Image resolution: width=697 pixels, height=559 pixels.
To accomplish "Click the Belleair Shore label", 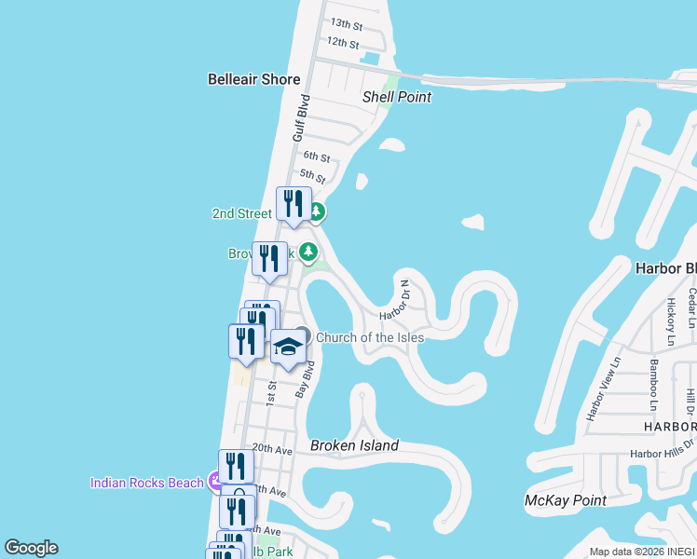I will coord(253,79).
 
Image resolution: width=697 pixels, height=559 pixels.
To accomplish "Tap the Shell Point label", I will coord(397,96).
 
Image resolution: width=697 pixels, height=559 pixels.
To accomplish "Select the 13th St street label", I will coord(346,23).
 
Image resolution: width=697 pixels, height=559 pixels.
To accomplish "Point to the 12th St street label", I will coord(343,42).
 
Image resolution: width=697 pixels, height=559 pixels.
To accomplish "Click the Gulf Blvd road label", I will coord(300,117).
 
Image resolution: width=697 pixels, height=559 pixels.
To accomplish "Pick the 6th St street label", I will coord(317,157).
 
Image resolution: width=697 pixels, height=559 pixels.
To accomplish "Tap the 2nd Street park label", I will coord(241,213).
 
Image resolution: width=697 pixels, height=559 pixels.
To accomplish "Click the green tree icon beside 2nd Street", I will coord(317,212).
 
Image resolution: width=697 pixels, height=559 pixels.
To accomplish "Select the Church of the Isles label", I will coord(370,337).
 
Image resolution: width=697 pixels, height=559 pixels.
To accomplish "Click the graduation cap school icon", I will coord(289,348).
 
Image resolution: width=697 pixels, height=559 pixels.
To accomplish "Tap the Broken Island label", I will coord(354,445).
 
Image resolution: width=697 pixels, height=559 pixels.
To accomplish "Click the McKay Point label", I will coord(566,500).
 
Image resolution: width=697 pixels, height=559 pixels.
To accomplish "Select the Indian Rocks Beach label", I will coord(146,482).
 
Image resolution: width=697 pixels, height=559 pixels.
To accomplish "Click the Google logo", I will coord(31,548).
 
